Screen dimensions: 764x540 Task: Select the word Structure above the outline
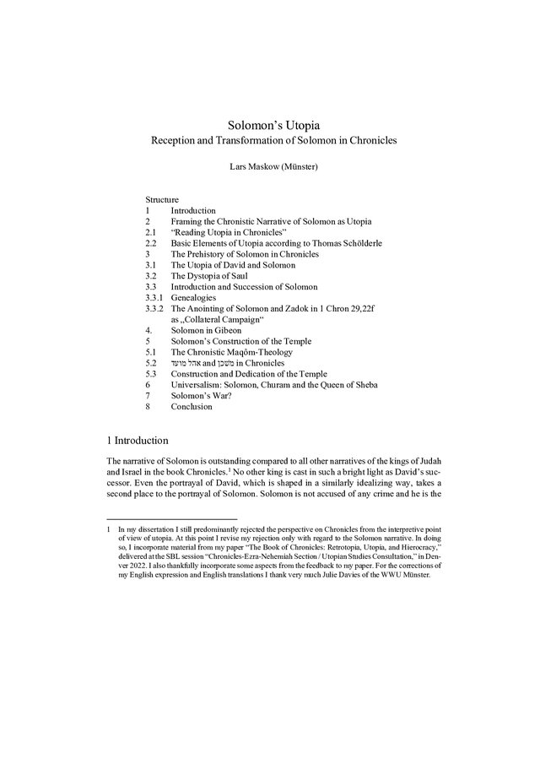(161, 199)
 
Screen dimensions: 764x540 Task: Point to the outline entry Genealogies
(193, 298)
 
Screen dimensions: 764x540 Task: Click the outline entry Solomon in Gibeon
(206, 331)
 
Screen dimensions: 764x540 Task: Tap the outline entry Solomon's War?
(201, 396)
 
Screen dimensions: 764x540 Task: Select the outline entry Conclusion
(192, 407)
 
